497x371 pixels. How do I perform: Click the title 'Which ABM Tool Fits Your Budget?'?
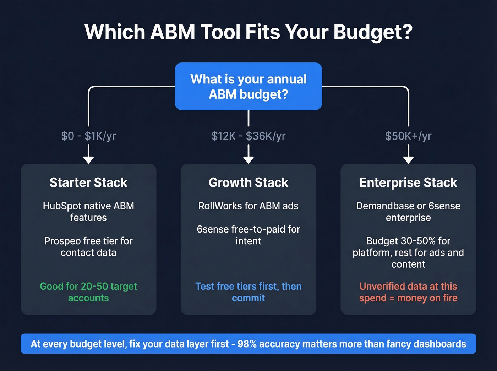click(248, 32)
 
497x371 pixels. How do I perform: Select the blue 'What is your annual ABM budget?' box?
click(248, 86)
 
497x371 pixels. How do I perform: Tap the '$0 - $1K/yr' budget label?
click(88, 136)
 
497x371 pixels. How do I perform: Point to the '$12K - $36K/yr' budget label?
click(248, 136)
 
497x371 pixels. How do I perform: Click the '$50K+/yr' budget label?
click(408, 136)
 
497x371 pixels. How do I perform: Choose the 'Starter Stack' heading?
click(88, 182)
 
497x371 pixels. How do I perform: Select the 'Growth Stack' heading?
click(248, 182)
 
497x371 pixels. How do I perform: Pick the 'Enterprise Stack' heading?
click(408, 182)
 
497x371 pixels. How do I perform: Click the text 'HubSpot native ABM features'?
click(88, 212)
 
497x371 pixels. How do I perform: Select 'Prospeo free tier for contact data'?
click(88, 247)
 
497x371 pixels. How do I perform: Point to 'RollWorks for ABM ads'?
click(248, 206)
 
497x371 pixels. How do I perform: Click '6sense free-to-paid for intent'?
click(248, 235)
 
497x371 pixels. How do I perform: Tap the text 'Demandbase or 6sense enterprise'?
click(408, 212)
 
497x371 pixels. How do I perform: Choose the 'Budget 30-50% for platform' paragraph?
click(408, 252)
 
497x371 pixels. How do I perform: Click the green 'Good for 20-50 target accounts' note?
click(88, 292)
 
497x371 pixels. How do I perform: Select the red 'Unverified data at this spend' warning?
click(408, 292)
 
